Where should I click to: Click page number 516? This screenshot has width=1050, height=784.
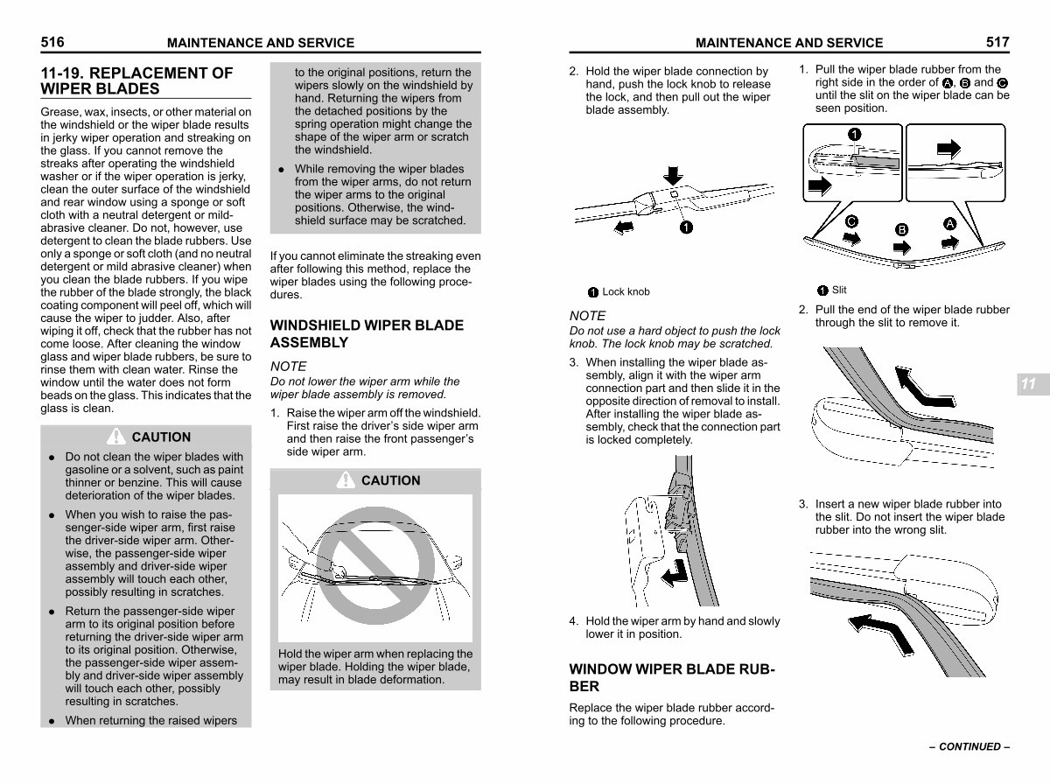52,42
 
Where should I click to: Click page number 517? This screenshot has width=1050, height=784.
997,42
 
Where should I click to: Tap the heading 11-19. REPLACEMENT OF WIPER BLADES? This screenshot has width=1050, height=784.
137,80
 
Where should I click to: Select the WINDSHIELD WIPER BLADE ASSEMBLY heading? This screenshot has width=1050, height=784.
367,333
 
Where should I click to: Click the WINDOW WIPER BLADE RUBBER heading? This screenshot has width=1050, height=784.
671,678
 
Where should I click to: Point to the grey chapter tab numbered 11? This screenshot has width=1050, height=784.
1029,384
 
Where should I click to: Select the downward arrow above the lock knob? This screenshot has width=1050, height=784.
672,174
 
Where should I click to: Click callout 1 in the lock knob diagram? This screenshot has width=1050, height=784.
686,227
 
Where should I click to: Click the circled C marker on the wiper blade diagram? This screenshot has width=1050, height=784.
850,222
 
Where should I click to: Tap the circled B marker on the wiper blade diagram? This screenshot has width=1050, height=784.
901,229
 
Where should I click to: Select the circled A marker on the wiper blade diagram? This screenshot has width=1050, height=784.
949,222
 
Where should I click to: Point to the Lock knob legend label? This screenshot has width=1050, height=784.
626,292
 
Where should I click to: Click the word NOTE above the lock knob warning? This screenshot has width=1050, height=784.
587,316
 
